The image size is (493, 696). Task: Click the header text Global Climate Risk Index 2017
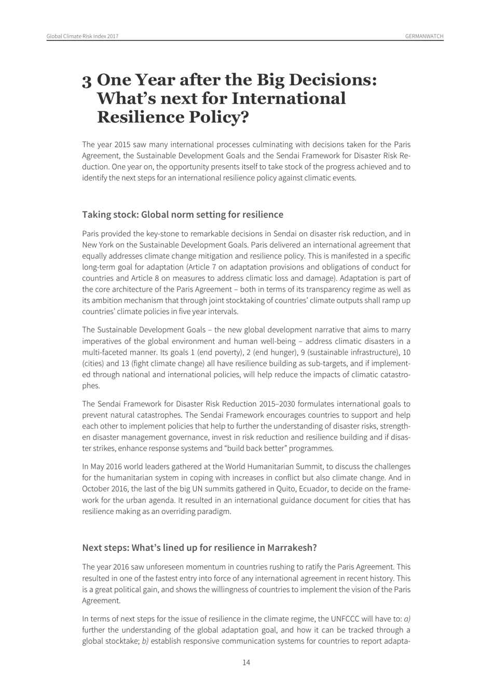83,36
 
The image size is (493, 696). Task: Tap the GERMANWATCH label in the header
424,36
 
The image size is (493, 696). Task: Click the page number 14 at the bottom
246,662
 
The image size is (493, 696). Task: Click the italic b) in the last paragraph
145,641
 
